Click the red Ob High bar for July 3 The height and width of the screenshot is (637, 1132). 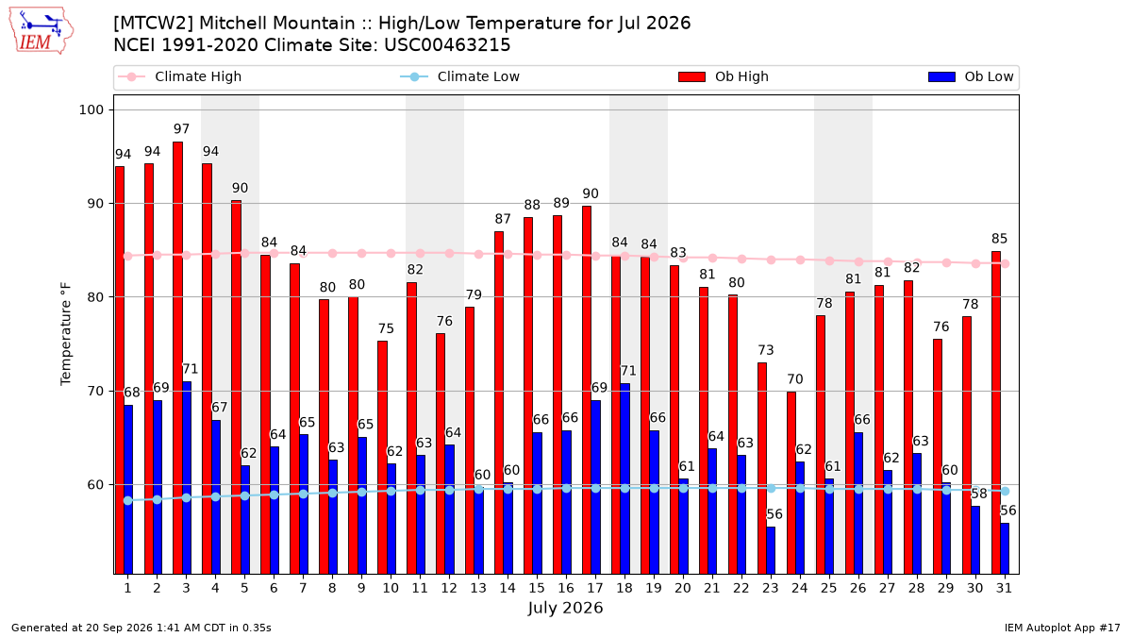178,358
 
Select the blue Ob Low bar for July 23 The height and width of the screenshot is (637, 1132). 771,550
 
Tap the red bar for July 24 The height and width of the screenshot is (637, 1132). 791,483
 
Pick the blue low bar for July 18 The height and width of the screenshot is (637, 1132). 625,478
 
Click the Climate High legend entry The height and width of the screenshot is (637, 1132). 179,76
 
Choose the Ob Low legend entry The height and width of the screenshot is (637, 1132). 971,76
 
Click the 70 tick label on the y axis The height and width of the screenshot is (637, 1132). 95,391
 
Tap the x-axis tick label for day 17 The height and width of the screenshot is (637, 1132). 595,588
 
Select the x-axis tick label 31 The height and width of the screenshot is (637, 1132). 1004,588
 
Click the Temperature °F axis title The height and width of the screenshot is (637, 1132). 66,334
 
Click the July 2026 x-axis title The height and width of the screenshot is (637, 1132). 565,608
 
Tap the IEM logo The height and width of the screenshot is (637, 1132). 42,31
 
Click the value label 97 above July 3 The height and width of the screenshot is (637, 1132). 181,129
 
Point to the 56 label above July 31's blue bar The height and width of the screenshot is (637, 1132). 1008,511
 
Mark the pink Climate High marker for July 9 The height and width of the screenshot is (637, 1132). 362,253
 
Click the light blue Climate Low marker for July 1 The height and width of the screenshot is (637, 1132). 128,500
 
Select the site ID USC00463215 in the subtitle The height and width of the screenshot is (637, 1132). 447,45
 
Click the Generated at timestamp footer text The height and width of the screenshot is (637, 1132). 141,628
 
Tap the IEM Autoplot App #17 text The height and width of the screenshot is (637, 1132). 1062,628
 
